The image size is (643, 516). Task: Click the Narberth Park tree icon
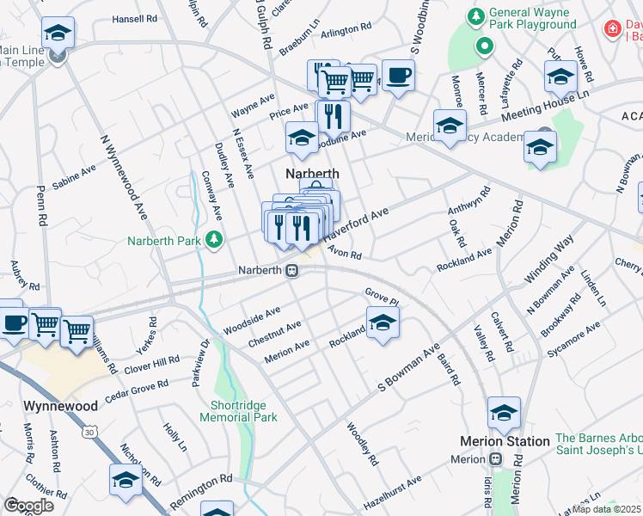point(214,240)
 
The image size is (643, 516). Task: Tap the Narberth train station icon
point(292,270)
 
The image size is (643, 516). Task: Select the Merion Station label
point(505,441)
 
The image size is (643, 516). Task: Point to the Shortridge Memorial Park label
point(238,411)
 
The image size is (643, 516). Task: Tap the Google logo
point(29,506)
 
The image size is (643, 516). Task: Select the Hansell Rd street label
point(134,18)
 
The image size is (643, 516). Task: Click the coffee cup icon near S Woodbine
point(397,75)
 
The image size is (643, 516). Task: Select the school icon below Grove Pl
point(383,324)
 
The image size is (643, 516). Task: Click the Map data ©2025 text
point(607,508)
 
